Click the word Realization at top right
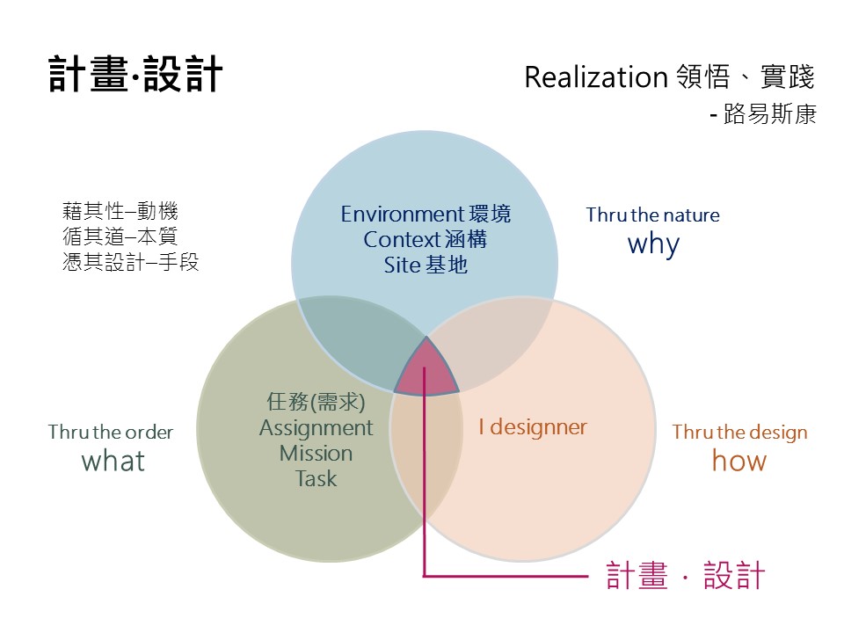(596, 77)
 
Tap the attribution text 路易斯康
(770, 115)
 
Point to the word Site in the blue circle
(402, 264)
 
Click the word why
(653, 244)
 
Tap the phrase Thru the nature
(652, 215)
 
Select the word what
(113, 461)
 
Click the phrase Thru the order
(111, 433)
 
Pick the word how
(738, 461)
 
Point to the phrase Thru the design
(739, 433)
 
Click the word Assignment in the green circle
(316, 428)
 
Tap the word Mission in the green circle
(316, 454)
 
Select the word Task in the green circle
(316, 479)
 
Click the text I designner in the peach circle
(532, 427)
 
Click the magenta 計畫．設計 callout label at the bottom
(686, 576)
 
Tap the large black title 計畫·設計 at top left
(135, 76)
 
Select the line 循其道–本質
(120, 237)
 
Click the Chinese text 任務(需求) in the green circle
(316, 403)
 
